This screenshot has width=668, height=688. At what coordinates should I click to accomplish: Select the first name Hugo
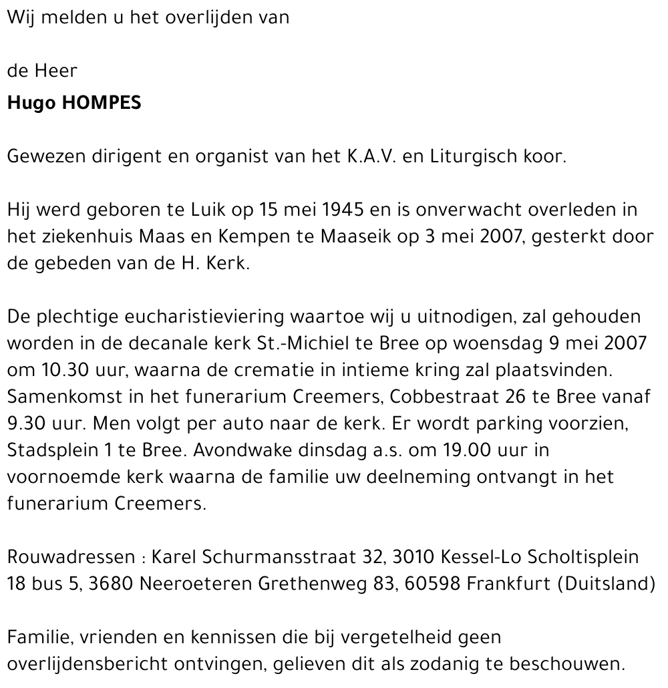31,104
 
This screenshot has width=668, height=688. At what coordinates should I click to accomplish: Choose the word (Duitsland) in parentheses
605,583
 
